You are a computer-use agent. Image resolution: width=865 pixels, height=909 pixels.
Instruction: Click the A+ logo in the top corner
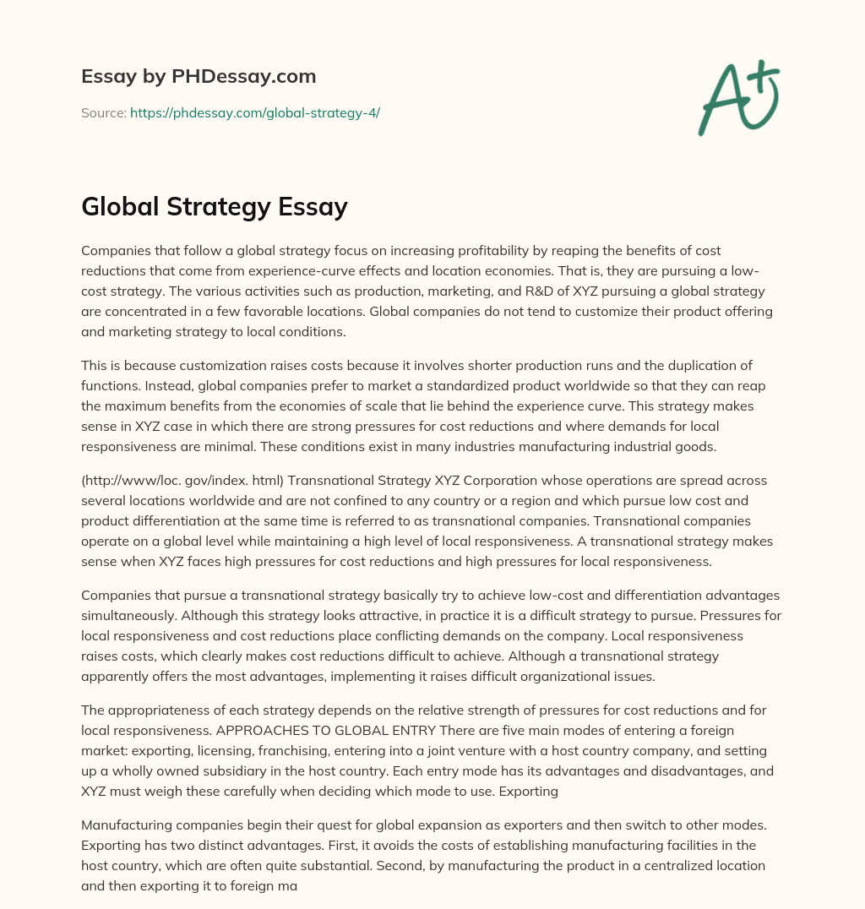737,98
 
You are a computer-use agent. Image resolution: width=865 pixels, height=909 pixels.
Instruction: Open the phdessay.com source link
254,112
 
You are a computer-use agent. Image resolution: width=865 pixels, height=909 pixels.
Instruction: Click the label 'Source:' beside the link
103,112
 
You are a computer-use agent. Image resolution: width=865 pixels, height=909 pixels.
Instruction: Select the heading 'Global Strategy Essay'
215,206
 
